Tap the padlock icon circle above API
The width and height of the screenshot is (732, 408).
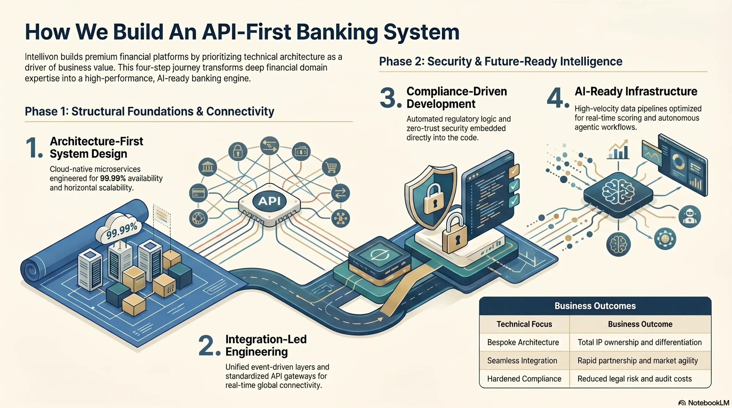click(x=238, y=151)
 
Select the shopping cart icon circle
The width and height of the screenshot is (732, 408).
click(x=331, y=167)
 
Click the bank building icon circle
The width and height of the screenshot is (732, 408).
click(x=208, y=167)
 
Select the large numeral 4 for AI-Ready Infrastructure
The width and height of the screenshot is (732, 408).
click(x=555, y=98)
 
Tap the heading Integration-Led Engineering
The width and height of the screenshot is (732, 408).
click(x=266, y=345)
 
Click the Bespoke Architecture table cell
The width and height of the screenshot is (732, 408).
click(x=523, y=342)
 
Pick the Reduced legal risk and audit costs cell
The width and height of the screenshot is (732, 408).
click(x=634, y=379)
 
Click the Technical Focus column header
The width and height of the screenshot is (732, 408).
click(x=524, y=324)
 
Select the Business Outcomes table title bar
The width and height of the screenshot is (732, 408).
click(x=595, y=306)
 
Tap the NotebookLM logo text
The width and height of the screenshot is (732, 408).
click(x=708, y=403)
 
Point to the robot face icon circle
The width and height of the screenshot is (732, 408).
click(x=689, y=216)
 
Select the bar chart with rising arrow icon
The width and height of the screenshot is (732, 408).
click(x=618, y=150)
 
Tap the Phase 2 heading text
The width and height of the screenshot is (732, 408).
click(x=500, y=62)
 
